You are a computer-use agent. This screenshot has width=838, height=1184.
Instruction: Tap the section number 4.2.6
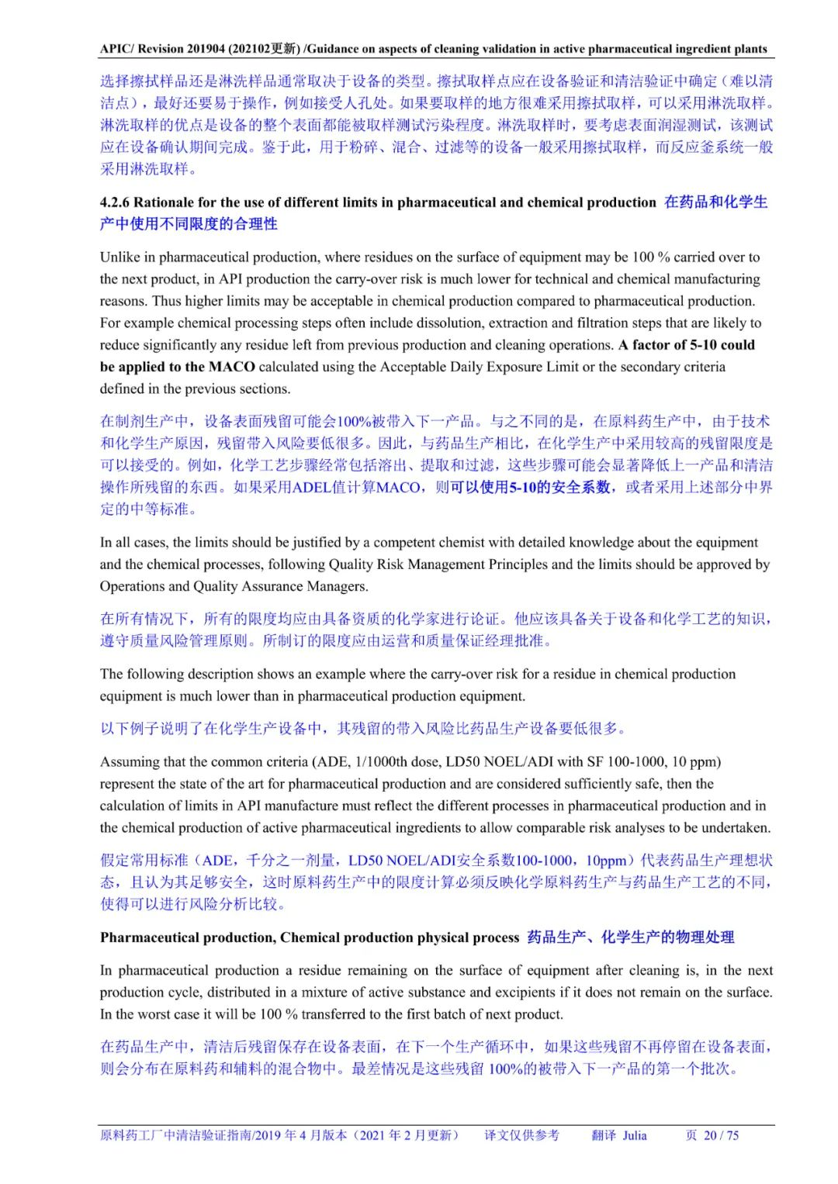[x=115, y=202]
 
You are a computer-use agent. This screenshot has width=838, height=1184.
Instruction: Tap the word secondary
[x=671, y=367]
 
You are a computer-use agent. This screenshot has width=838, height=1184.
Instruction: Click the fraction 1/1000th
[x=383, y=761]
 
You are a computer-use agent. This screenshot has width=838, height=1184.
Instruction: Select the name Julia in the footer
[x=634, y=1135]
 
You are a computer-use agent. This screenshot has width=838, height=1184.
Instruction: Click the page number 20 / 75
[x=721, y=1135]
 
